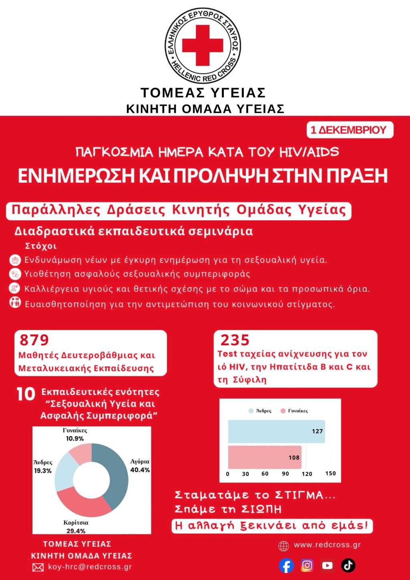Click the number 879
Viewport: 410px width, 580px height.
tap(34, 340)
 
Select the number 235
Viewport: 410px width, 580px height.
tap(235, 340)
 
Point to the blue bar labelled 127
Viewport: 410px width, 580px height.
tap(276, 431)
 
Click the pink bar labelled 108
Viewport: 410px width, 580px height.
tap(265, 457)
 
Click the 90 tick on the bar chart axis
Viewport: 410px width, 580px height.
tap(285, 474)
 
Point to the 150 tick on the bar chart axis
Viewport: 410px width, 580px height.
tap(331, 473)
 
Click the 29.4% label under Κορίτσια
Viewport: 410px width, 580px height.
tap(76, 531)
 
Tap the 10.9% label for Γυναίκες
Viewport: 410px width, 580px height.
tap(75, 439)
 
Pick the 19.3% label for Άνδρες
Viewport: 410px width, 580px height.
tap(43, 471)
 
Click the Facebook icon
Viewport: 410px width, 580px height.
tap(286, 566)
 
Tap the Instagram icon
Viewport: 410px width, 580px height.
tap(307, 565)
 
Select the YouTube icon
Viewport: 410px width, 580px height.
tap(328, 565)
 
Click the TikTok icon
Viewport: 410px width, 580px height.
tap(348, 565)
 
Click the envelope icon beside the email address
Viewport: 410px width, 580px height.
tap(38, 567)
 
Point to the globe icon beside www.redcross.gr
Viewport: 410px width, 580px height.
tap(283, 546)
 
